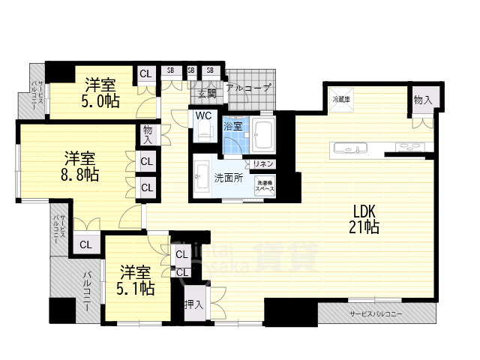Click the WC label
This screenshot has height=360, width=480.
click(202, 116)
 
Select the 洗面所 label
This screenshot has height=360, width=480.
click(227, 178)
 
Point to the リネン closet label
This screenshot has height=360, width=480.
click(263, 163)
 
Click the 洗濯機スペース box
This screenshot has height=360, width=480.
click(264, 186)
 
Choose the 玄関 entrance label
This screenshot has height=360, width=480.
click(207, 94)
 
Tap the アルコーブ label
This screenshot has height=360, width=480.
click(249, 88)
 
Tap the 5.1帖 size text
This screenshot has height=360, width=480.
click(136, 287)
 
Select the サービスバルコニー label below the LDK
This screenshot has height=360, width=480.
click(375, 313)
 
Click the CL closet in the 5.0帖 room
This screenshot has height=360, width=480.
click(145, 73)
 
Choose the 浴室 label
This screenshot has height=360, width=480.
click(233, 126)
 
